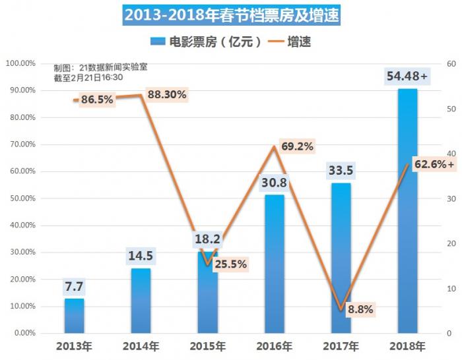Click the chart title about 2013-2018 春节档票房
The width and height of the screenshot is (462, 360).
pyautogui.click(x=231, y=15)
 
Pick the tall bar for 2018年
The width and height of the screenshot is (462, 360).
pyautogui.click(x=407, y=211)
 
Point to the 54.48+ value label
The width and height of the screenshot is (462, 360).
pyautogui.click(x=407, y=77)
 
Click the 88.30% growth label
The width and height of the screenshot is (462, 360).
pyautogui.click(x=167, y=95)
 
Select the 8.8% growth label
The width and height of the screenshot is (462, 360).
pyautogui.click(x=361, y=309)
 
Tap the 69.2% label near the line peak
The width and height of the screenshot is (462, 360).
pyautogui.click(x=296, y=146)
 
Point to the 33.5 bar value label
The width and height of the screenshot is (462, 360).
pyautogui.click(x=341, y=171)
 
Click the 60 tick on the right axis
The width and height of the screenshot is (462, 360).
pyautogui.click(x=451, y=63)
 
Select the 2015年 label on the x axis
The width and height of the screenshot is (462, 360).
pyautogui.click(x=207, y=346)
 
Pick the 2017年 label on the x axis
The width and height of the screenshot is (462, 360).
pyautogui.click(x=341, y=346)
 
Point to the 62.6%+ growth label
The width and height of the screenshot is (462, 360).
pyautogui.click(x=434, y=164)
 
